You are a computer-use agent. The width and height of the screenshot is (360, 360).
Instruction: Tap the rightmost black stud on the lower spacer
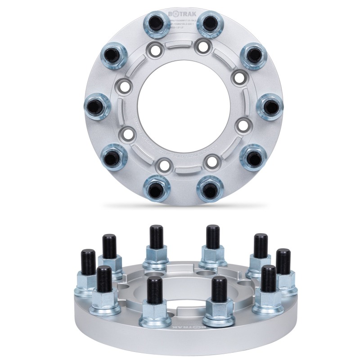click(x=282, y=261)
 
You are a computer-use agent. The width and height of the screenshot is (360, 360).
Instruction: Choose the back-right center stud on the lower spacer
click(x=213, y=237)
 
